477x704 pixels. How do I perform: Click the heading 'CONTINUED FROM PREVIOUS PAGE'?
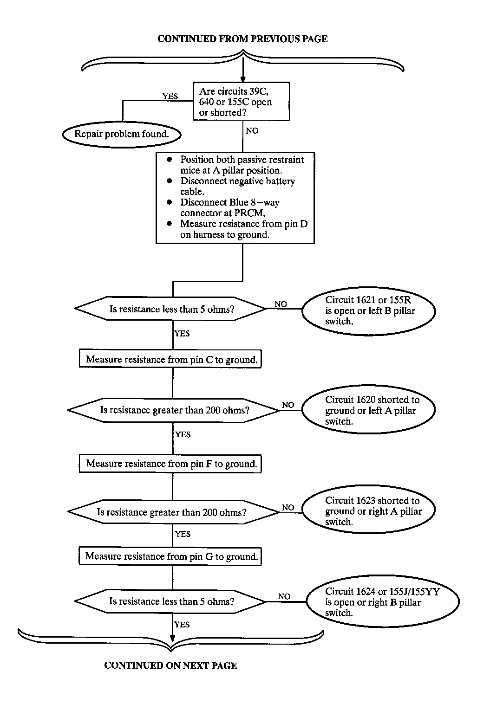242,39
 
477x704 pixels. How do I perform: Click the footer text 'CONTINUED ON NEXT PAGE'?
170,665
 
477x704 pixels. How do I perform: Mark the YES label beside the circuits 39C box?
170,96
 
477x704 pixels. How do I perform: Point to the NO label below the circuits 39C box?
252,130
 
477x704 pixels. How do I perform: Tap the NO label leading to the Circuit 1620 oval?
288,405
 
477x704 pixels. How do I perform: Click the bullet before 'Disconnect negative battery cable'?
170,181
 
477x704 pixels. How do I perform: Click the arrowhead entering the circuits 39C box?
242,79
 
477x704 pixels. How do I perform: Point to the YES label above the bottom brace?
182,624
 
